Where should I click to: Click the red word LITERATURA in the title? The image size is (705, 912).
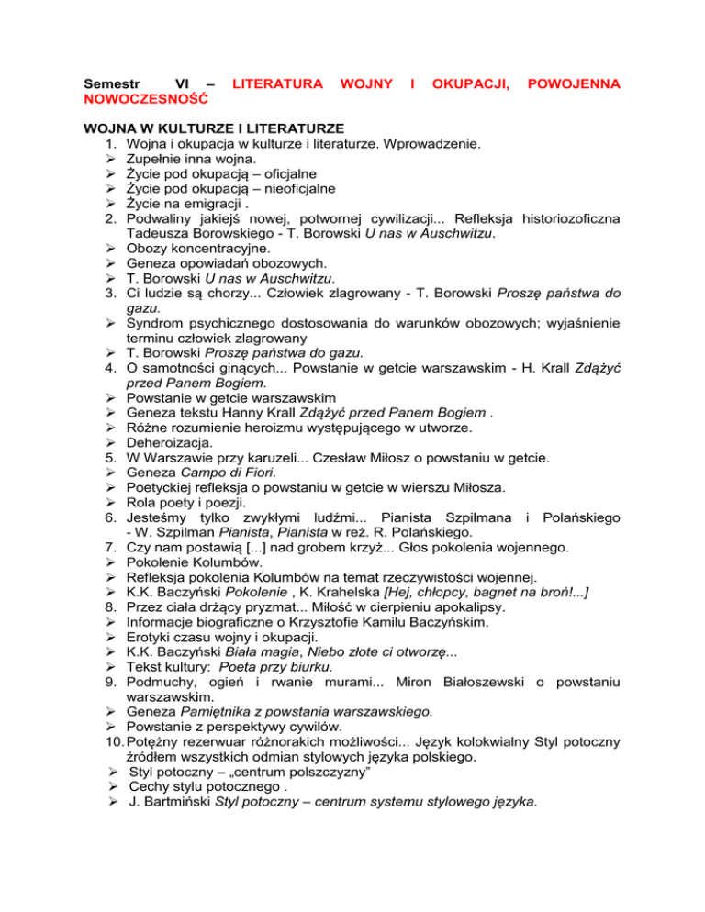click(278, 84)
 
